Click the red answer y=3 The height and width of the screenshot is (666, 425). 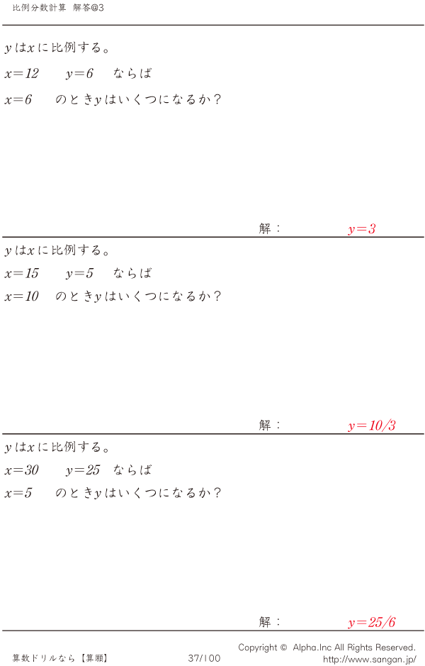pos(361,229)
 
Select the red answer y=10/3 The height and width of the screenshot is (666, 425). pos(371,426)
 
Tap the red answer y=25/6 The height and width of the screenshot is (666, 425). pos(371,623)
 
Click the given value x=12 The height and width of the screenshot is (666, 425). pos(21,74)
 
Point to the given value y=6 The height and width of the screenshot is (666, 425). pos(79,74)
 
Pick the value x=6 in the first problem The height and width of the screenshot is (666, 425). pos(18,100)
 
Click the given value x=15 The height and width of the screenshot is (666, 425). pos(21,274)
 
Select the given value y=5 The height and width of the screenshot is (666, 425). pos(79,274)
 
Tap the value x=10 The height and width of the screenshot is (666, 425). pos(21,296)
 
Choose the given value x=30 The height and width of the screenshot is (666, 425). pos(21,470)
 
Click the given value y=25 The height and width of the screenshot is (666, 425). pos(83,470)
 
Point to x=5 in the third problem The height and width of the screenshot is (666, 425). pos(18,493)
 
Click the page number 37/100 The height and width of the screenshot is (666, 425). pos(204,658)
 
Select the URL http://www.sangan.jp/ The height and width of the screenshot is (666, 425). pos(369,659)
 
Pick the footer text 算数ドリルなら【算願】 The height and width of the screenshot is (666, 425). pos(60,658)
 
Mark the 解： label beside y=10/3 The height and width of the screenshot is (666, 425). pos(270,426)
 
